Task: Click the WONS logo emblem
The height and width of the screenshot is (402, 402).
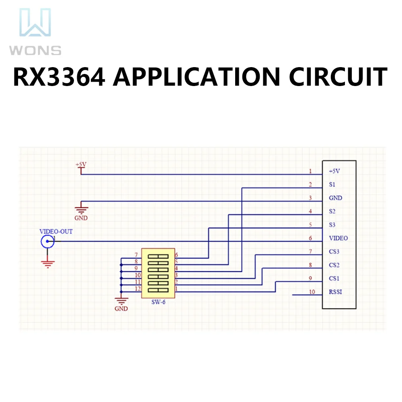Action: pyautogui.click(x=35, y=22)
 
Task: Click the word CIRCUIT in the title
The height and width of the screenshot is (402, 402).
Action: pyautogui.click(x=338, y=77)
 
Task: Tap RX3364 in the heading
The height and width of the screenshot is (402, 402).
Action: pyautogui.click(x=59, y=77)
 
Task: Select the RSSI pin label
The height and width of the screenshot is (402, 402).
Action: pyautogui.click(x=335, y=292)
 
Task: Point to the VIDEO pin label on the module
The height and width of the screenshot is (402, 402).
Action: pyautogui.click(x=338, y=238)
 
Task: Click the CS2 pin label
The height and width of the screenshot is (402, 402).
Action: pyautogui.click(x=334, y=265)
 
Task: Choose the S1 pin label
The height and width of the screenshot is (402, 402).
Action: pyautogui.click(x=332, y=185)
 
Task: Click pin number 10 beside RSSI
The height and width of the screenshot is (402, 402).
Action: pyautogui.click(x=312, y=292)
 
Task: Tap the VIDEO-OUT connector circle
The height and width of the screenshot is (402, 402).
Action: pyautogui.click(x=47, y=241)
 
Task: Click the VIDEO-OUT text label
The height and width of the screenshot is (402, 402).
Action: pyautogui.click(x=56, y=232)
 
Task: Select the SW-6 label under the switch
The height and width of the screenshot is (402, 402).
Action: pyautogui.click(x=158, y=302)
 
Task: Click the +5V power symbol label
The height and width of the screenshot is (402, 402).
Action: pyautogui.click(x=81, y=164)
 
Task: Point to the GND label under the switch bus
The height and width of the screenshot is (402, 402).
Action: pyautogui.click(x=121, y=309)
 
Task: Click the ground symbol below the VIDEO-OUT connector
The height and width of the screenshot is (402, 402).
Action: pyautogui.click(x=47, y=264)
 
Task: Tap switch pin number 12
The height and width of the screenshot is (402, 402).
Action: pyautogui.click(x=138, y=288)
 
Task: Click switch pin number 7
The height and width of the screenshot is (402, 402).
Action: pyautogui.click(x=136, y=255)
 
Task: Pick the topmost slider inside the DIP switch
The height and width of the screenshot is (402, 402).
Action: pyautogui.click(x=158, y=256)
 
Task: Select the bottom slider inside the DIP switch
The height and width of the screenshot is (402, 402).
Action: pyautogui.click(x=158, y=290)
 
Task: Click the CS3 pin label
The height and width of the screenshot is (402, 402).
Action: pyautogui.click(x=334, y=252)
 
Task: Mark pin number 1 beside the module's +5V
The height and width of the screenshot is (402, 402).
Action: pyautogui.click(x=310, y=171)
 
